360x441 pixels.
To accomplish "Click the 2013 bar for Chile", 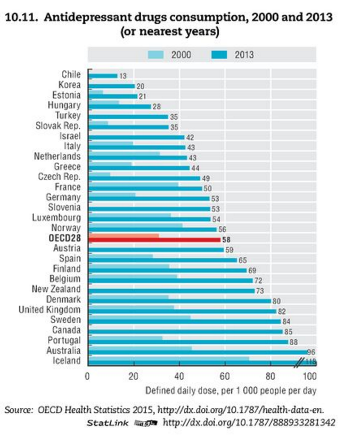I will [102, 76].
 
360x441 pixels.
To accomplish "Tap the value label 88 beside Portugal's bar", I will [293, 342].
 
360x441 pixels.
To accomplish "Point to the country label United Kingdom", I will [50, 310].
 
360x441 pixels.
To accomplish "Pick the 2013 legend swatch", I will [219, 54].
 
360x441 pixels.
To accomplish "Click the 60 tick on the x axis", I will [225, 375].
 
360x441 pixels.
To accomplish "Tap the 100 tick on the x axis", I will [315, 375].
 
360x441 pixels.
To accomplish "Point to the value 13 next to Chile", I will [123, 76].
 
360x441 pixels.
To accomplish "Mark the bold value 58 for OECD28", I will [226, 240].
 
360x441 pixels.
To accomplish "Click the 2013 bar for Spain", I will [162, 260].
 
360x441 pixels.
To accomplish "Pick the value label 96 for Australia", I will [311, 353].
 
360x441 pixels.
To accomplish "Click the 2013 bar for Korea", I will [111, 86].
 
